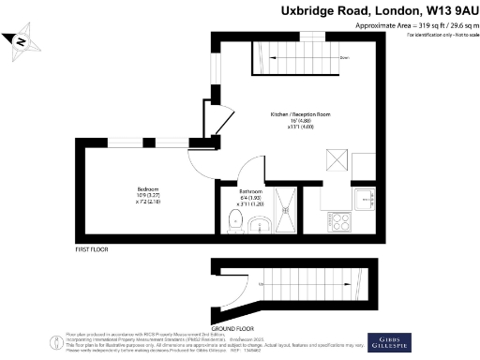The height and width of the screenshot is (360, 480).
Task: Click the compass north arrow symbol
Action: [x=21, y=40]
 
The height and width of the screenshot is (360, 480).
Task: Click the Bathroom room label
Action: [x=225, y=190]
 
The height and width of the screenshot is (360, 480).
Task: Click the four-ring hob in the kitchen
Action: [x=337, y=222]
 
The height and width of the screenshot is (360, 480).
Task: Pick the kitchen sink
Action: [x=365, y=199]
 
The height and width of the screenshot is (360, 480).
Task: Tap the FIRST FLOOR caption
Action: [x=94, y=250]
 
